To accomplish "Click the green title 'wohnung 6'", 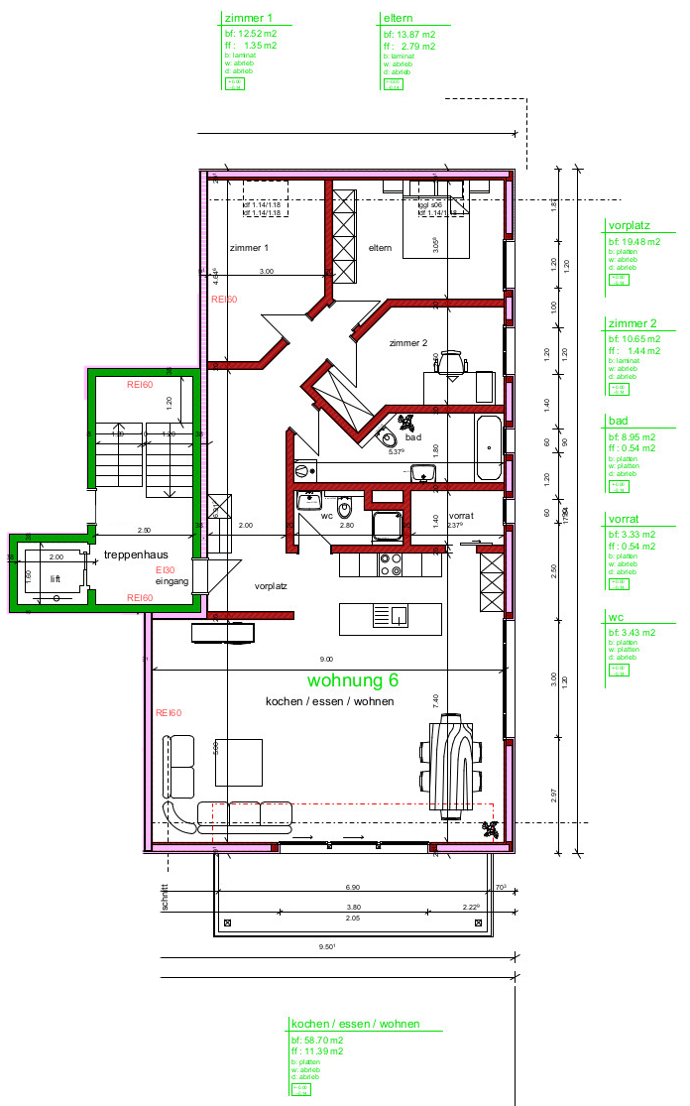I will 353,680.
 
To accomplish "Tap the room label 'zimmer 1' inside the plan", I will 248,247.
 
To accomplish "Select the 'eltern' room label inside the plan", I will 381,247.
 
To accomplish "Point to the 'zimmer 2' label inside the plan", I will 407,343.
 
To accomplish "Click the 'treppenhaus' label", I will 135,554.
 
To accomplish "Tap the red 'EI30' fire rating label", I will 165,570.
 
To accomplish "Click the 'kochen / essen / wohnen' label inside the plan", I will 329,701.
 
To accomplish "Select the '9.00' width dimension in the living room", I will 326,660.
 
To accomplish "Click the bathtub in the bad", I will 489,449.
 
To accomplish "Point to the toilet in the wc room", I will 344,509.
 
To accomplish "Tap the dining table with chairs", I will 451,765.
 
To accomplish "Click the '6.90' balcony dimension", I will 352,886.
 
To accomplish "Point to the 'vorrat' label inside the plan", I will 462,517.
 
